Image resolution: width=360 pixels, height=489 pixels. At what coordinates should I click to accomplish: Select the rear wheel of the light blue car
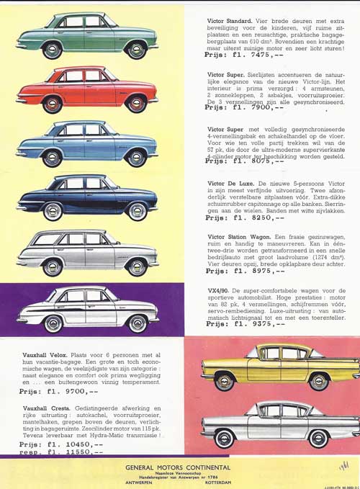pos(52,157)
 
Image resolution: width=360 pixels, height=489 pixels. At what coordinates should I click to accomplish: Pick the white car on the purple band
pos(86,308)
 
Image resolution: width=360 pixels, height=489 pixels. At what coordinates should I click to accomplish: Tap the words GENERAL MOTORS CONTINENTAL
pos(178,467)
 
